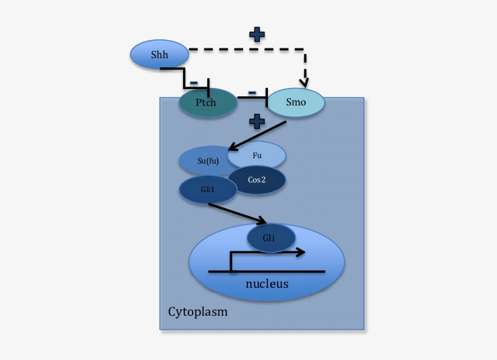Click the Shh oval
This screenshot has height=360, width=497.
click(159, 55)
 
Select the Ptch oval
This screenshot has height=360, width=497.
click(206, 102)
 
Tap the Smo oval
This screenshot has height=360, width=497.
click(296, 102)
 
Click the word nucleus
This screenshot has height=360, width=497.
click(267, 284)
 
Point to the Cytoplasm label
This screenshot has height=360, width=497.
click(198, 312)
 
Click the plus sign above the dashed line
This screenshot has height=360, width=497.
click(257, 35)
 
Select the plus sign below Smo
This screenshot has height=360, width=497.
click(257, 121)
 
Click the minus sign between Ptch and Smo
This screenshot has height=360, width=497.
click(252, 92)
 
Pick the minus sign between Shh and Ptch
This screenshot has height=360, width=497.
click(193, 82)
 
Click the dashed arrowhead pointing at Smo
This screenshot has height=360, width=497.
click(305, 82)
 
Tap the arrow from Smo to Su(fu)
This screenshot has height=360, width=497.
click(257, 135)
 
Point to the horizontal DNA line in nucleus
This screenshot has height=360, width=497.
click(267, 272)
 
